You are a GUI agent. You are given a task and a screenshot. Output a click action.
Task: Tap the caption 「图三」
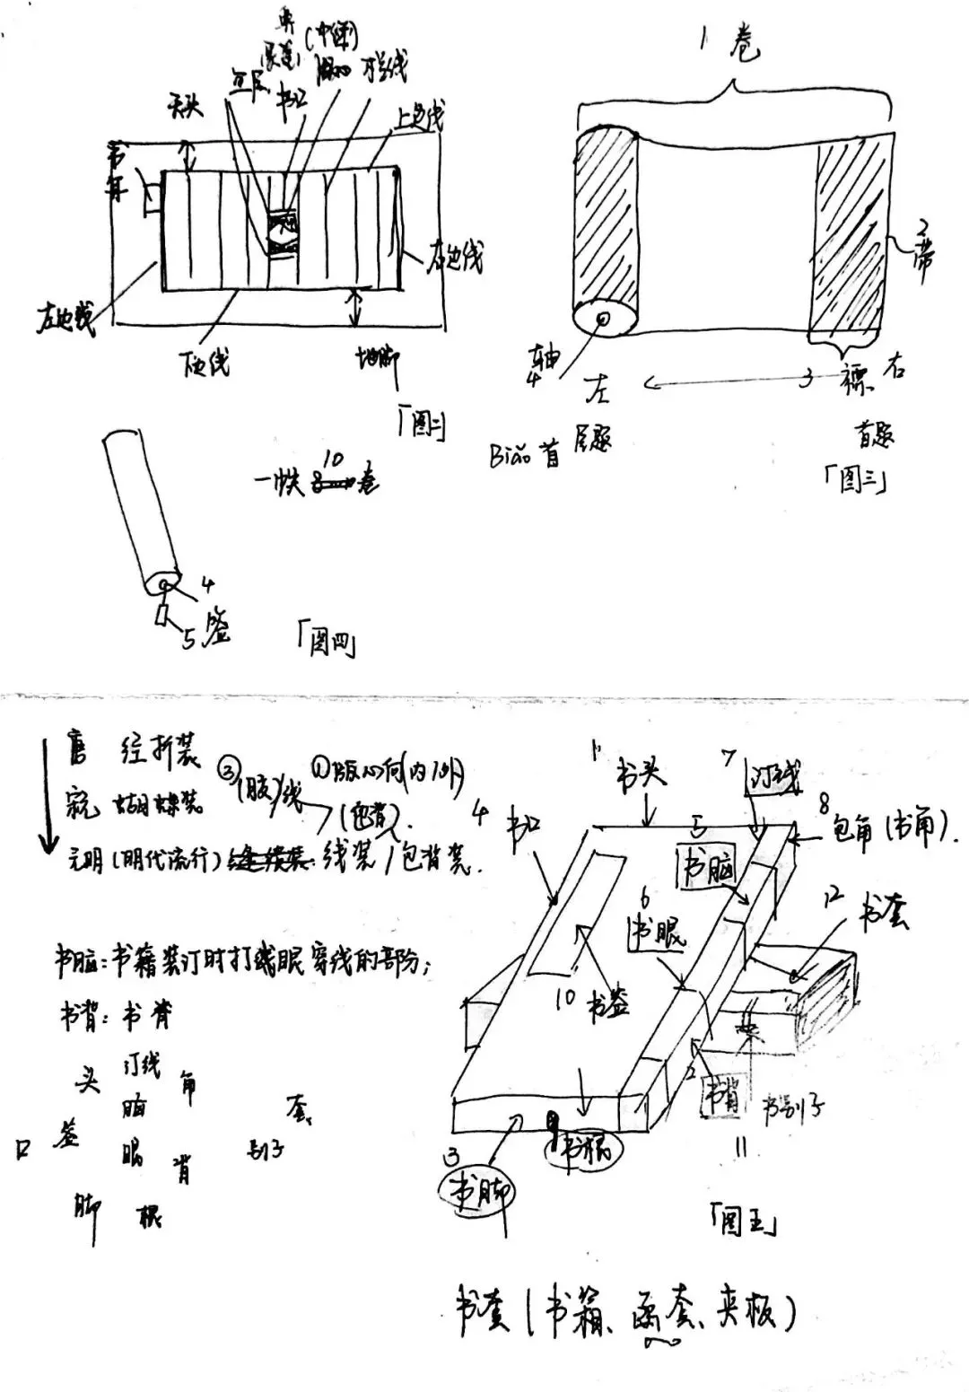coord(856,482)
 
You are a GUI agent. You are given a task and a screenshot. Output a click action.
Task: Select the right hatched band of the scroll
coord(848,237)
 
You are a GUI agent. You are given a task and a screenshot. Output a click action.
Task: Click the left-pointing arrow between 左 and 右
coord(718,384)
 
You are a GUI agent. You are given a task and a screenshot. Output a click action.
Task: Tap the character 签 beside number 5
coord(215,626)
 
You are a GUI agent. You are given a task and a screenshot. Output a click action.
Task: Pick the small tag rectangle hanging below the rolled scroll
coord(162,615)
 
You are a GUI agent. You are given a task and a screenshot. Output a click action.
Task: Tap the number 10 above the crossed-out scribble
coord(332,460)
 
